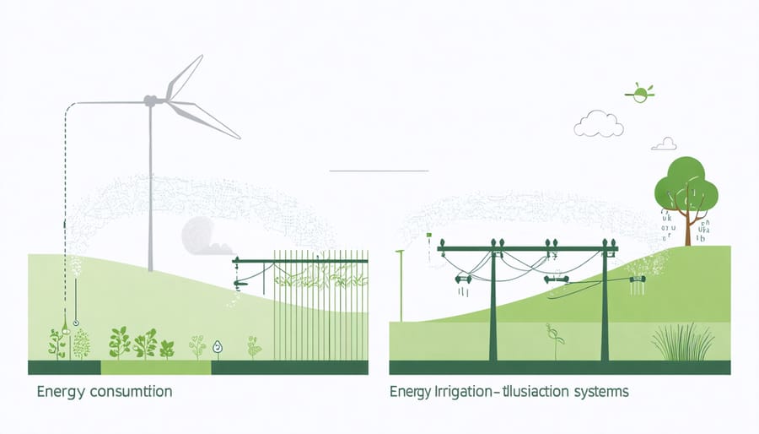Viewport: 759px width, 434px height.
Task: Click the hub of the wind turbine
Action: [x=151, y=101]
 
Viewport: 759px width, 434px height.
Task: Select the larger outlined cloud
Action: [x=599, y=125]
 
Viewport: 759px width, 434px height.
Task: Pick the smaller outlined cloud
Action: [x=665, y=144]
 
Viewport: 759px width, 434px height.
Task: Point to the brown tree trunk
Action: [x=688, y=228]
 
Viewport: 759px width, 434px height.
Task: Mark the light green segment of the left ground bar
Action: [x=156, y=368]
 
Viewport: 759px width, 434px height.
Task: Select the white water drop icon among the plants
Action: [x=217, y=346]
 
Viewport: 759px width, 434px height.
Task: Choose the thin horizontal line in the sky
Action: [x=379, y=171]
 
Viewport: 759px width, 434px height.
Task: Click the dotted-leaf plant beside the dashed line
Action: [x=82, y=343]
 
